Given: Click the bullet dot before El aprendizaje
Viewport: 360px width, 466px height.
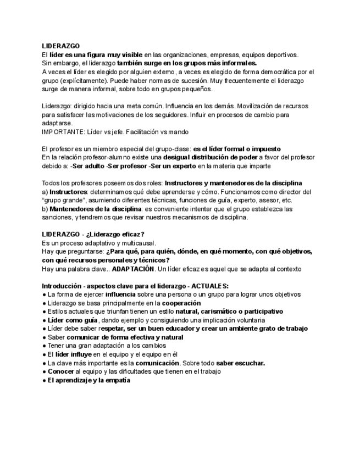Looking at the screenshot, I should point(44,380).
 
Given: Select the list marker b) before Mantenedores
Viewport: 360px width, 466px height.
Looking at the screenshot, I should point(45,209).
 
